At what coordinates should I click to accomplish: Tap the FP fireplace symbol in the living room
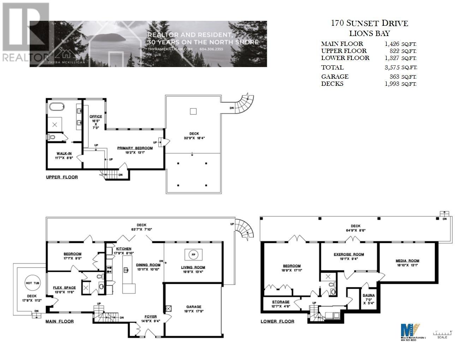[193, 254]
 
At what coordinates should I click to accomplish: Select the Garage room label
[193, 307]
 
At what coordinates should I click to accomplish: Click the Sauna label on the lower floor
[369, 295]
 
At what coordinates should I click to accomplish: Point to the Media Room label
[407, 261]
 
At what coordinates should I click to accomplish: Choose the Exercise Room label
[349, 254]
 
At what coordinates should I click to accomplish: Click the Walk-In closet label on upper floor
[64, 154]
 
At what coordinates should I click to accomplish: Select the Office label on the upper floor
[96, 116]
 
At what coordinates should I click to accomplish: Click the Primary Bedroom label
[135, 148]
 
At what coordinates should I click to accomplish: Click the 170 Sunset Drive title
[369, 23]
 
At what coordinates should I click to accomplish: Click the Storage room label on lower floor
[281, 302]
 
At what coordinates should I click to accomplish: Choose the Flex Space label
[64, 288]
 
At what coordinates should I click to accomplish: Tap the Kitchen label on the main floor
[124, 249]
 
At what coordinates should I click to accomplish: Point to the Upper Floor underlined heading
[62, 177]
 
